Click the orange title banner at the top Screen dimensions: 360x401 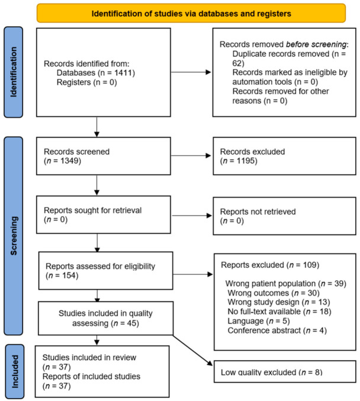[x=191, y=13]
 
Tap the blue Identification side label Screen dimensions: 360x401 [x=13, y=72]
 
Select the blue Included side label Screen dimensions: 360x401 [x=15, y=371]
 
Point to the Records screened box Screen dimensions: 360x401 [x=104, y=156]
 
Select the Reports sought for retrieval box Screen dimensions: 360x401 [x=104, y=214]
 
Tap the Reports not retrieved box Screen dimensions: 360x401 [x=284, y=216]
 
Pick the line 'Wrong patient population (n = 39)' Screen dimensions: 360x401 [x=286, y=284]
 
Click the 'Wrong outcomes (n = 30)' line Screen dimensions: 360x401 [x=274, y=293]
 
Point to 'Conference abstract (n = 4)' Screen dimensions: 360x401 [x=277, y=331]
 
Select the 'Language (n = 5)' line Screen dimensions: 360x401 [x=259, y=321]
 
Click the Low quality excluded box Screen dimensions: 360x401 [x=285, y=371]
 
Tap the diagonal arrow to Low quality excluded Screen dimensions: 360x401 [x=193, y=350]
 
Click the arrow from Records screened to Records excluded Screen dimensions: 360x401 [x=191, y=156]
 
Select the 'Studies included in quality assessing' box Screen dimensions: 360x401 [x=105, y=318]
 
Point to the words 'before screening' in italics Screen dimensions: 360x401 [x=316, y=44]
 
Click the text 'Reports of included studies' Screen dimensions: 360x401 [x=91, y=377]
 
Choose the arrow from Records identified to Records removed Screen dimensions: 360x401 [x=191, y=72]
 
